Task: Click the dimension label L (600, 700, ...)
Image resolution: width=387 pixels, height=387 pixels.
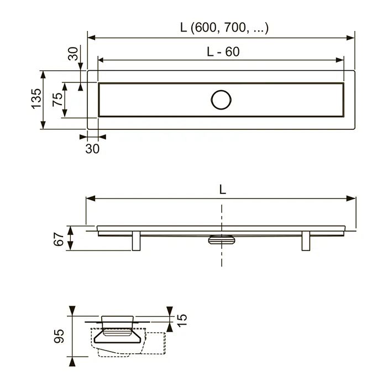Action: click(x=224, y=28)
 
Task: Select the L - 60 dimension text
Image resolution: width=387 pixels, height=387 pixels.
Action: click(x=223, y=52)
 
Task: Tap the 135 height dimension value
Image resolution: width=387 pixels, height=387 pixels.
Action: click(x=36, y=99)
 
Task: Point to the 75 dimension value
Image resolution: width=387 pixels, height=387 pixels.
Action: click(x=57, y=100)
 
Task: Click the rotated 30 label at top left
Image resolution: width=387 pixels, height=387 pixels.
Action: click(x=74, y=54)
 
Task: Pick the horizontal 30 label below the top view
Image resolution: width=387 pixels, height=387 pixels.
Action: click(x=92, y=149)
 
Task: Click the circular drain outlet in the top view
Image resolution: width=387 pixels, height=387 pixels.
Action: click(x=221, y=100)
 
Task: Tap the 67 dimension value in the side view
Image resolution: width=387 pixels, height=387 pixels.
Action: click(x=59, y=239)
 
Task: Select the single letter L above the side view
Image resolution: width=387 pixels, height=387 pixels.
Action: click(x=223, y=190)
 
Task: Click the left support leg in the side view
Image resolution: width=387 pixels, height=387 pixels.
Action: click(x=136, y=241)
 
